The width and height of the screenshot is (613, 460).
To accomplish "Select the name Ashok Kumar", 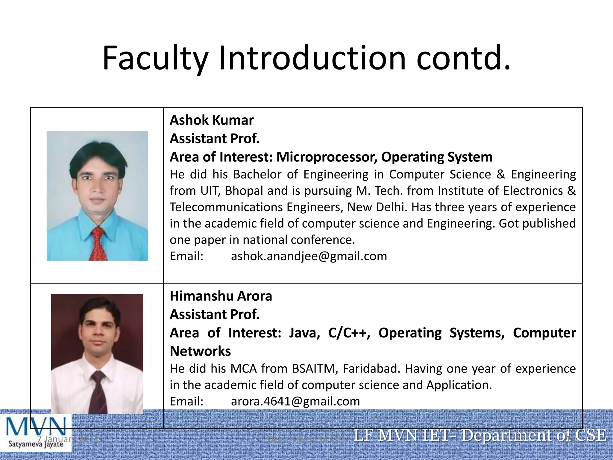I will click(212, 120).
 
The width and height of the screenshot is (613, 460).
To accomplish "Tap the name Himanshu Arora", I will click(221, 296).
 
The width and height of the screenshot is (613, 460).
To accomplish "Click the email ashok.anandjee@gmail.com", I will click(309, 256).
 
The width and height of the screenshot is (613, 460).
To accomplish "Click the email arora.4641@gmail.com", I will click(295, 402).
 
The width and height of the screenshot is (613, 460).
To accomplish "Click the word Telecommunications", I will click(226, 207).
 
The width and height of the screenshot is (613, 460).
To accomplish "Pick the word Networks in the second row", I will click(200, 351).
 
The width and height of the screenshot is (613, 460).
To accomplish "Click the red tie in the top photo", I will click(98, 244).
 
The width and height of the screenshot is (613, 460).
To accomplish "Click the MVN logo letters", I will click(36, 426).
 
